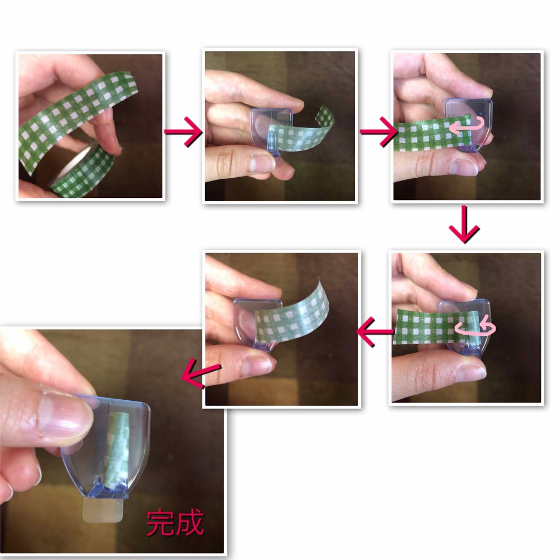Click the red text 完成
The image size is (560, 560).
tap(175, 523)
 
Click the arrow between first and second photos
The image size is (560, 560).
tap(183, 131)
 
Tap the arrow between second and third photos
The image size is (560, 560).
tap(378, 131)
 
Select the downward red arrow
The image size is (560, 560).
tap(464, 224)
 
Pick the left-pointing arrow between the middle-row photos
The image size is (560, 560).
tap(375, 331)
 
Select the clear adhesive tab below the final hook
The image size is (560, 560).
tap(103, 511)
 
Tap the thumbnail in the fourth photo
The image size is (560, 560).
tap(471, 372)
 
